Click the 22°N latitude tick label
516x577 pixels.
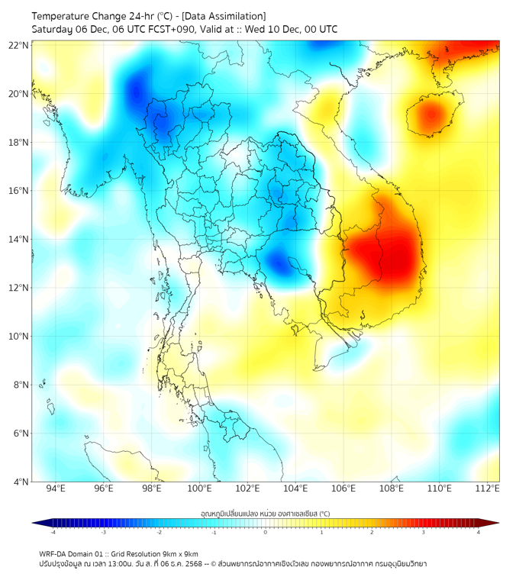[19, 46]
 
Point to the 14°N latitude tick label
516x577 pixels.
[19, 240]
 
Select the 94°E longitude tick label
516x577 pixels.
[56, 489]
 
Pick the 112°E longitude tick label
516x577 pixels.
[488, 489]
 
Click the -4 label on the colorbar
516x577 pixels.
[52, 533]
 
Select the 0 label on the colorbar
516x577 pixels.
[266, 533]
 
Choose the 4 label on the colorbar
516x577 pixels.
[479, 533]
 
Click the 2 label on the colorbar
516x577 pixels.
[372, 533]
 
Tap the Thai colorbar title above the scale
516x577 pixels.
[265, 513]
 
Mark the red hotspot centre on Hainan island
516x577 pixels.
[432, 115]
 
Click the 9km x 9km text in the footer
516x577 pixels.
[179, 553]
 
